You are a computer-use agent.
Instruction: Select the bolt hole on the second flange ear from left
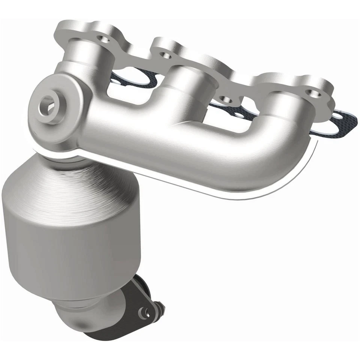[x=164, y=55]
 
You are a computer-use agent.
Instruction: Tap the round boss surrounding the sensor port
[x=56, y=112]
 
